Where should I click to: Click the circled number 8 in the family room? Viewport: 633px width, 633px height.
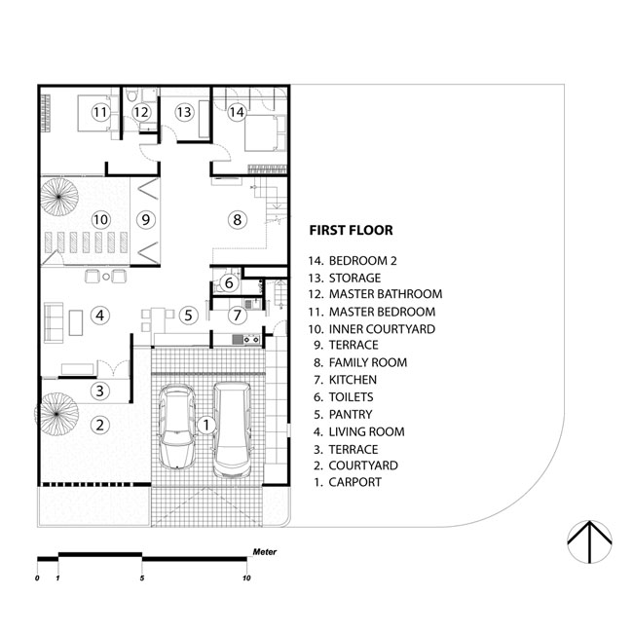(237, 220)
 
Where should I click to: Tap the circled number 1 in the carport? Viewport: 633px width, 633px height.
(206, 425)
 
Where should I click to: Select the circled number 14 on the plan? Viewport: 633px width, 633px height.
(237, 112)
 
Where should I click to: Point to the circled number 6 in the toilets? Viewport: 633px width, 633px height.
(229, 282)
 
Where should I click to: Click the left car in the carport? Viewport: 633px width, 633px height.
(176, 428)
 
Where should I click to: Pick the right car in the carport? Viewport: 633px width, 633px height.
(232, 429)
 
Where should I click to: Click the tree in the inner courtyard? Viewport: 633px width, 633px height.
(59, 197)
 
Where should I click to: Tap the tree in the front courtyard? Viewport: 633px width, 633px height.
(56, 414)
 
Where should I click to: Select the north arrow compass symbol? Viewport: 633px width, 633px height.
(589, 541)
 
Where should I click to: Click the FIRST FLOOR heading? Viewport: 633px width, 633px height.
(351, 230)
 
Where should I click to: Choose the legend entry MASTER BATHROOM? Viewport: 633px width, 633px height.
(386, 294)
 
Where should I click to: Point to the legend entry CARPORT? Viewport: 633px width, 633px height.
(354, 482)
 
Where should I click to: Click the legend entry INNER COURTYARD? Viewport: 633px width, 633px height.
(382, 329)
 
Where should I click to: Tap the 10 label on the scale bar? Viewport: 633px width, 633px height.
(246, 578)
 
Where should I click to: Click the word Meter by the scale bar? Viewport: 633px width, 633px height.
(265, 552)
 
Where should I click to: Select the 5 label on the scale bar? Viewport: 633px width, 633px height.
(142, 578)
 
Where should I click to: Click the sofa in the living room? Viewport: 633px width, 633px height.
(54, 322)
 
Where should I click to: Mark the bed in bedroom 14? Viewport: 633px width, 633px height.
(265, 132)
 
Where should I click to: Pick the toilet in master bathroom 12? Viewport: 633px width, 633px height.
(131, 95)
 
